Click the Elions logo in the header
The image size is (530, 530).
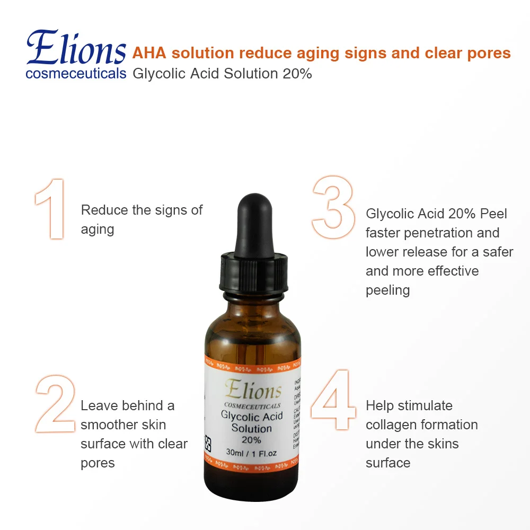75,48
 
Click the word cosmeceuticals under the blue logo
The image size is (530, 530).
76,73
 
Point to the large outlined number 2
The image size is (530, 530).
55,404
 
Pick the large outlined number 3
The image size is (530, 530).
333,207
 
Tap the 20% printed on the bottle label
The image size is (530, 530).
252,439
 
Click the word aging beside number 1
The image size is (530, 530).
98,230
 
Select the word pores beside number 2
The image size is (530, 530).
98,463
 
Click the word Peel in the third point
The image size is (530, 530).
493,214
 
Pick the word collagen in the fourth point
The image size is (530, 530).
391,425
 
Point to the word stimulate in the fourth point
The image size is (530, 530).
425,405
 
